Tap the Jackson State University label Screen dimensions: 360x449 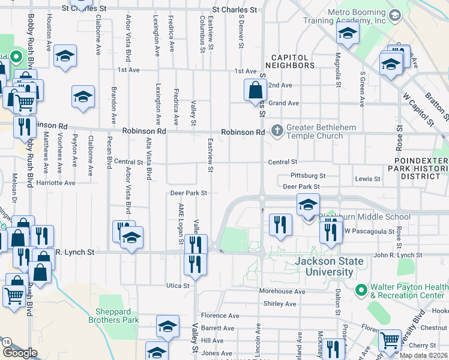[328, 266]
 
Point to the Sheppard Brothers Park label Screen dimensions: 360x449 [117, 316]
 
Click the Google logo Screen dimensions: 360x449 [20, 353]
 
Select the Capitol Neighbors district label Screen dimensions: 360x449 [286, 61]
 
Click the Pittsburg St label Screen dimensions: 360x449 [307, 176]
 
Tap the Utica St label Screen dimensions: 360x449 [178, 286]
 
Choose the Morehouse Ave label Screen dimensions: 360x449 [282, 291]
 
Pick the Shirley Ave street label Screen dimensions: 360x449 [280, 304]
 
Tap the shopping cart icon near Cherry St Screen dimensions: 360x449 [390, 341]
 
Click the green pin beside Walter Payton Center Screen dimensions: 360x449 [361, 290]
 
